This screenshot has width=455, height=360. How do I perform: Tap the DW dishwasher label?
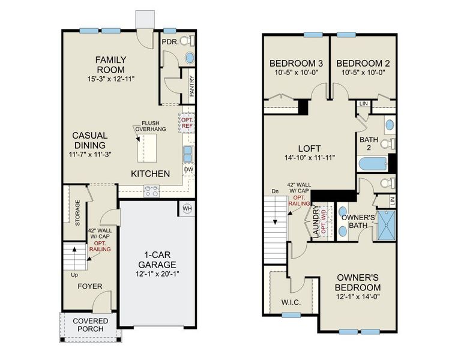coord(188,170)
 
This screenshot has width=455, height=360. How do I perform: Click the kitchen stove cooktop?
coord(151,191)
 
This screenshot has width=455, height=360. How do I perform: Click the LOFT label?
coord(309,148)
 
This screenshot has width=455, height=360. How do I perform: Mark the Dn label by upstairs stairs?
coord(275,191)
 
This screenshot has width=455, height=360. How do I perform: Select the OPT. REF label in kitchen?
coord(187,122)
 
